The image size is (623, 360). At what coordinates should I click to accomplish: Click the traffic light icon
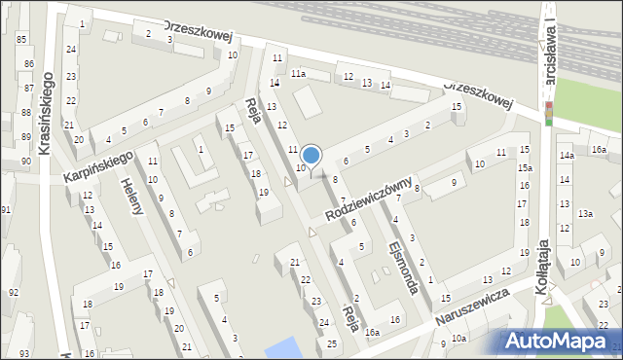click(550, 113)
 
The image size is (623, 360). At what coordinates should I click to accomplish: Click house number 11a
click(297, 74)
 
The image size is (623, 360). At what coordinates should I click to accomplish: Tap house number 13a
click(584, 213)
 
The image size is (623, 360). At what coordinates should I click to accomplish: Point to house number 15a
click(525, 168)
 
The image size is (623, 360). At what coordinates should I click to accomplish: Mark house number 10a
click(458, 339)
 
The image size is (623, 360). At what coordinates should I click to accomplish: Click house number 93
click(23, 353)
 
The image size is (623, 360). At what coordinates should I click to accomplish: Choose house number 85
click(21, 39)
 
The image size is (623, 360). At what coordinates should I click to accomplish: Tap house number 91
click(7, 210)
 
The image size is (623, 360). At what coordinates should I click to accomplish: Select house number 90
click(25, 161)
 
